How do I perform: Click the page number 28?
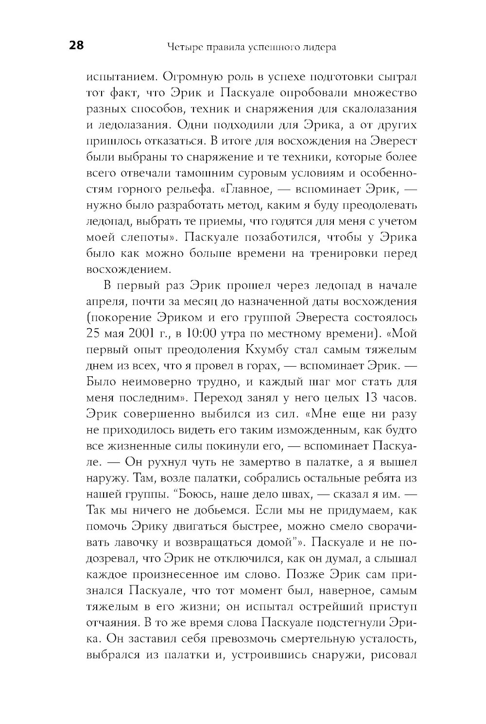click(x=76, y=46)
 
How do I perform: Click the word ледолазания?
click(x=131, y=124)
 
